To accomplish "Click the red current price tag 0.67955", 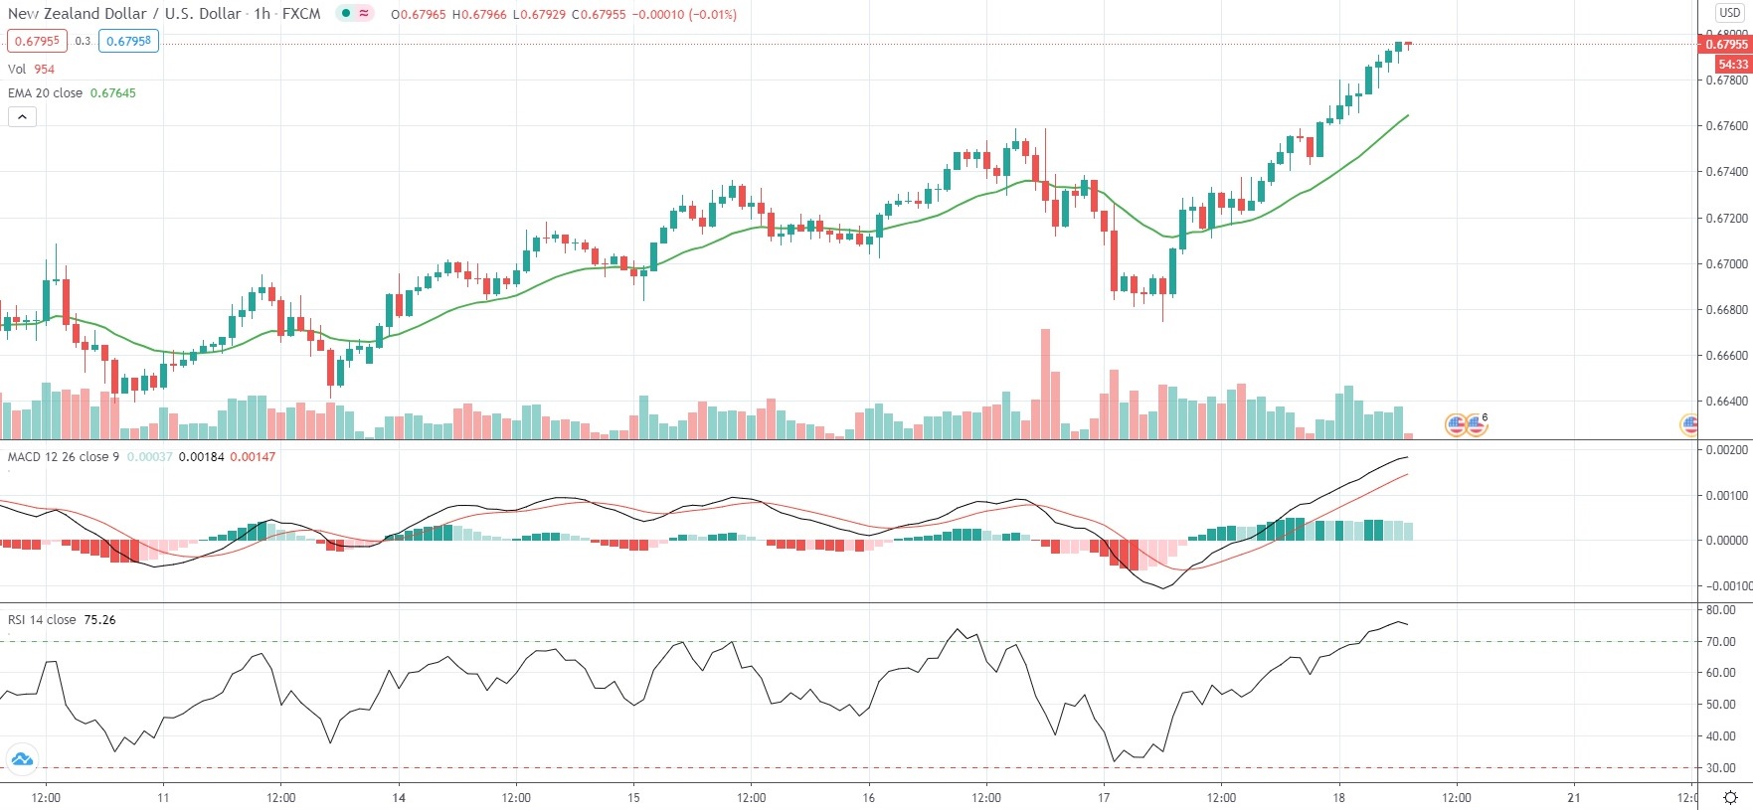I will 1726,45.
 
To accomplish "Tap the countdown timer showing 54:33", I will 1732,64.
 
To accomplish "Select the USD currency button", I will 1730,13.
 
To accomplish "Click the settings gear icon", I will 1730,797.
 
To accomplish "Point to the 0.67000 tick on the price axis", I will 1726,264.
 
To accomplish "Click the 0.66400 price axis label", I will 1726,402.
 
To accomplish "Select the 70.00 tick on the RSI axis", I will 1721,642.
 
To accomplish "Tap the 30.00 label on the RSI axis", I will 1721,768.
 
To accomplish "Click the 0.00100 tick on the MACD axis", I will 1726,495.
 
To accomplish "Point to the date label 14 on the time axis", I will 399,797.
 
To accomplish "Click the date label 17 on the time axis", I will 1104,797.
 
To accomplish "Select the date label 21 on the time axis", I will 1574,797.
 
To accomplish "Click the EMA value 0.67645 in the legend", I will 113,93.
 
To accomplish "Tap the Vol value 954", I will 45,70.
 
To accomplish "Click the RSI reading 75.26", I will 99,620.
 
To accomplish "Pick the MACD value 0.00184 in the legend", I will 201,457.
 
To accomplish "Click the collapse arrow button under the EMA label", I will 22,117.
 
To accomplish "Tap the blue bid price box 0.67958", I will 128,42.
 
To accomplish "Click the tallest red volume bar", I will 1045,383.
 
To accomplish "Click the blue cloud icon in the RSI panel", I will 22,760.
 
